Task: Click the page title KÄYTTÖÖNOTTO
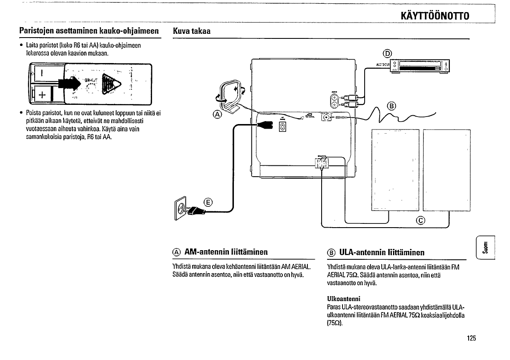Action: [x=435, y=16]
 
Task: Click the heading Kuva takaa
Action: [x=192, y=31]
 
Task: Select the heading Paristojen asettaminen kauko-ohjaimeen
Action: [x=90, y=31]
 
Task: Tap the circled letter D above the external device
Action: [x=388, y=53]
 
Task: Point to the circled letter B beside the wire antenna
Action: [x=392, y=105]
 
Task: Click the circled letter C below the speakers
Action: [x=421, y=220]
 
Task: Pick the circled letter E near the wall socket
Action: [x=207, y=203]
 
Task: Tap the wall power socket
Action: [x=180, y=210]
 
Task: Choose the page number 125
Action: [x=472, y=338]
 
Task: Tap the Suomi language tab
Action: [x=485, y=248]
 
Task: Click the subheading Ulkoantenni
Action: [x=344, y=299]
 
